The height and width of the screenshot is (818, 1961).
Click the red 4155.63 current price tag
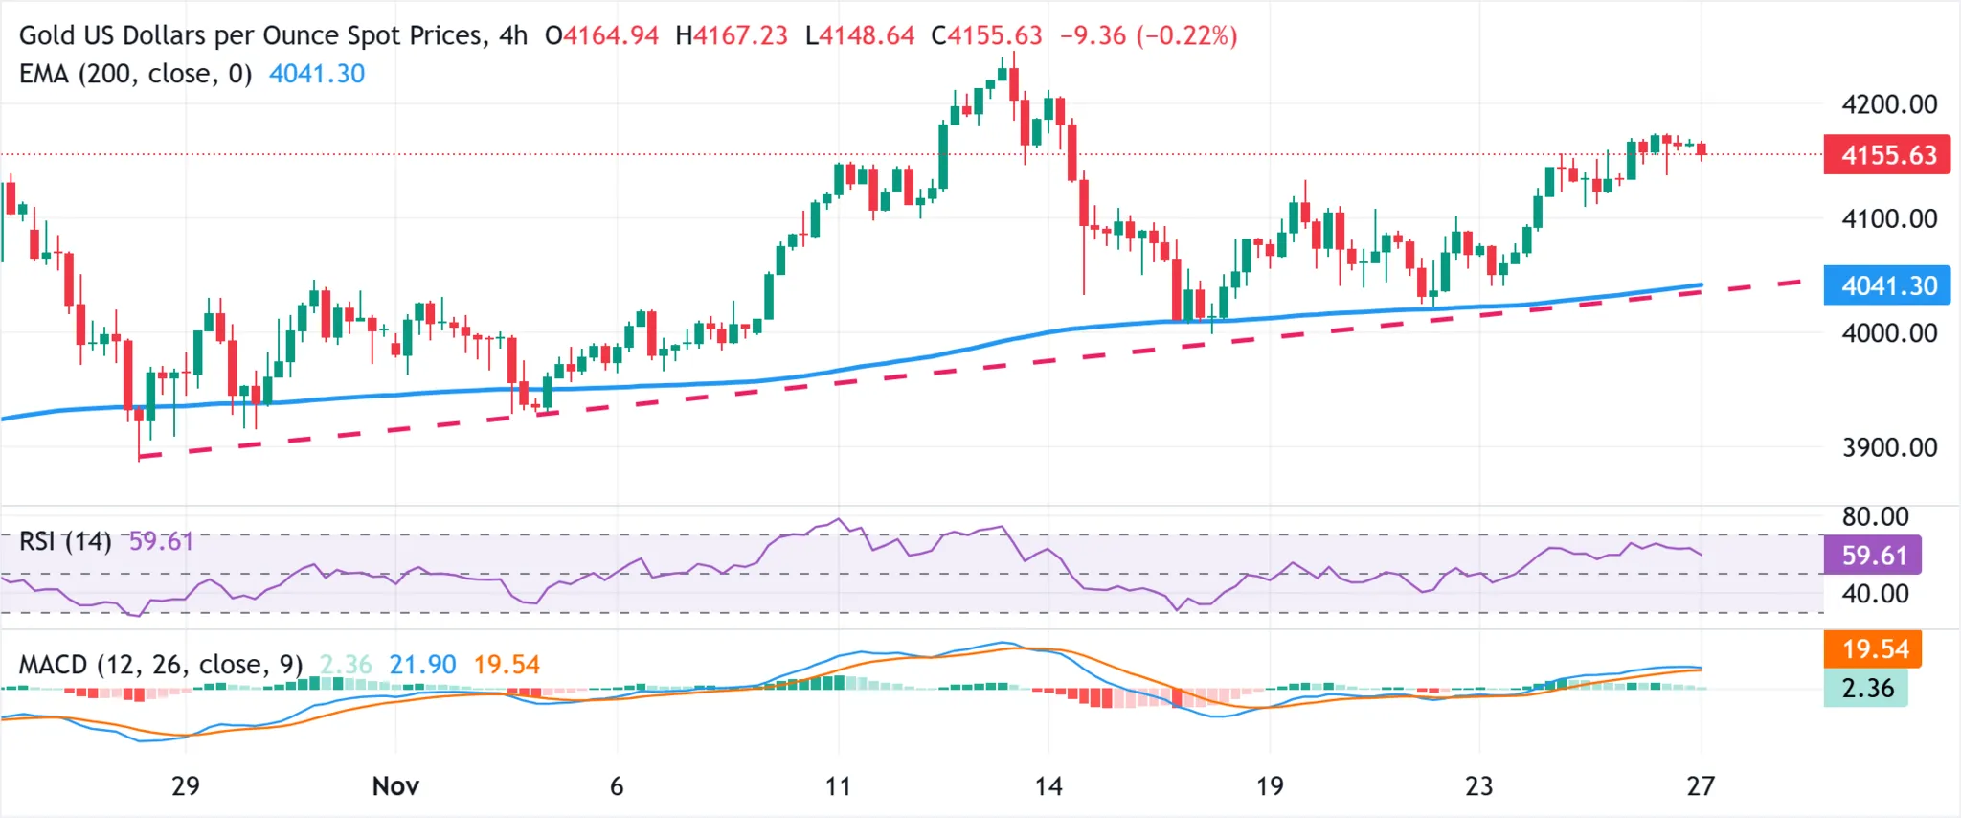pyautogui.click(x=1886, y=155)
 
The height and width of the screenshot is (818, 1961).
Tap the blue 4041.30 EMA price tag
pyautogui.click(x=1886, y=285)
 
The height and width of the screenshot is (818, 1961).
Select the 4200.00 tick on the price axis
pyautogui.click(x=1889, y=104)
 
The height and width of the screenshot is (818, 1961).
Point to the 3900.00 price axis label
pyautogui.click(x=1889, y=447)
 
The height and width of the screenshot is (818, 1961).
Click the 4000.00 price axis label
pyautogui.click(x=1889, y=333)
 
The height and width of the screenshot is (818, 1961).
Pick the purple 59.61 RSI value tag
pyautogui.click(x=1873, y=556)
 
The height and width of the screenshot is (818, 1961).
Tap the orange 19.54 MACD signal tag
pyautogui.click(x=1874, y=649)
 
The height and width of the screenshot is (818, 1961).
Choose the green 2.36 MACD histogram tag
pyautogui.click(x=1866, y=688)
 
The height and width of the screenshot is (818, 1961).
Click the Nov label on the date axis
pyautogui.click(x=395, y=786)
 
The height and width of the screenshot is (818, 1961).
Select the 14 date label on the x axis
pyautogui.click(x=1048, y=786)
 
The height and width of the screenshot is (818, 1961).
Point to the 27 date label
pyautogui.click(x=1701, y=786)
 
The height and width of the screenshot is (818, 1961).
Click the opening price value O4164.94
pyautogui.click(x=602, y=35)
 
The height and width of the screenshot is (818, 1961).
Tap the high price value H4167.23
pyautogui.click(x=732, y=35)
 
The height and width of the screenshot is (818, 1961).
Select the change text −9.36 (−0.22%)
pyautogui.click(x=1148, y=35)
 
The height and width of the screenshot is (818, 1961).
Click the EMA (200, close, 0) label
pyautogui.click(x=135, y=74)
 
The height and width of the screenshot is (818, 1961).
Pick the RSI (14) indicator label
pyautogui.click(x=65, y=542)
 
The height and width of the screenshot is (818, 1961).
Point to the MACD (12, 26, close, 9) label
pyautogui.click(x=161, y=665)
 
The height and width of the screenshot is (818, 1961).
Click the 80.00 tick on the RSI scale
pyautogui.click(x=1875, y=517)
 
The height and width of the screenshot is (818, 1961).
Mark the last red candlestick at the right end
pyautogui.click(x=1702, y=149)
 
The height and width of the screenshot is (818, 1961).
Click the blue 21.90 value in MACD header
pyautogui.click(x=422, y=665)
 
